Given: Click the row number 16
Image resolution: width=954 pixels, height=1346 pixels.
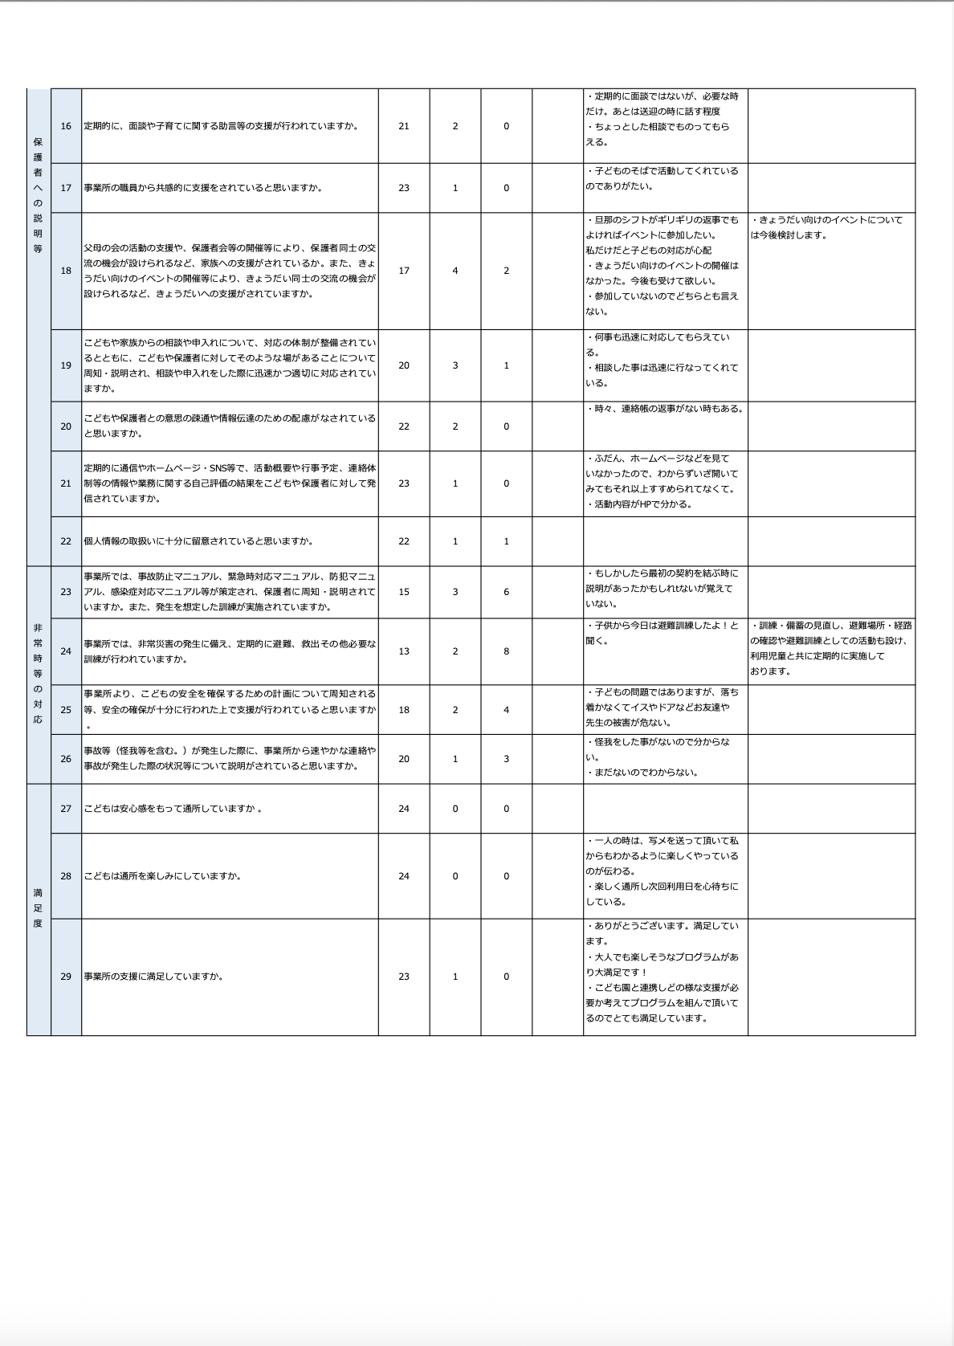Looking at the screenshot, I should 66,126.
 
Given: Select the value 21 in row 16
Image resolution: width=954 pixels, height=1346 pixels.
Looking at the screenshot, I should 404,126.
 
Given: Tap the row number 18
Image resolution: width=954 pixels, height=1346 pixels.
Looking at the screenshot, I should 66,271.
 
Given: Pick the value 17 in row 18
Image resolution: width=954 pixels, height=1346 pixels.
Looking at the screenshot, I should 404,271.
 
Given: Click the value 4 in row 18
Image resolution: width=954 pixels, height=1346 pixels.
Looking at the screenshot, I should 455,271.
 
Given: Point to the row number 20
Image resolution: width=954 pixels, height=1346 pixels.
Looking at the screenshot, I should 66,426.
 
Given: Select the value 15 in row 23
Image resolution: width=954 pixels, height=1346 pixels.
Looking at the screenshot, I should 404,592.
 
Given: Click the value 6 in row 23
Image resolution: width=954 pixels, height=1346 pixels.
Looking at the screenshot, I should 506,592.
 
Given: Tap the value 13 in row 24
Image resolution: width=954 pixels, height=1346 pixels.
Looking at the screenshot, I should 404,651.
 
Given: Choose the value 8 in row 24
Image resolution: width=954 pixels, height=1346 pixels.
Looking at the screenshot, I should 506,651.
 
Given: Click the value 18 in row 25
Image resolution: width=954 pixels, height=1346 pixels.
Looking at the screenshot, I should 404,710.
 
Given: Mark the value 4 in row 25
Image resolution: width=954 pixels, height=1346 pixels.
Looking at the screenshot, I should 506,710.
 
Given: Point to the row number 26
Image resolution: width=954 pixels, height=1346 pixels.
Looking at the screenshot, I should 66,759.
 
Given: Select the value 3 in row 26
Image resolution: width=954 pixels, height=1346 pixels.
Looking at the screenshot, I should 506,759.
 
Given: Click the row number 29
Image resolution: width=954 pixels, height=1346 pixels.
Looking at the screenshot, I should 66,977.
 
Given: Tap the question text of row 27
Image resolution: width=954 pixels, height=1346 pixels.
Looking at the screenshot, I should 173,809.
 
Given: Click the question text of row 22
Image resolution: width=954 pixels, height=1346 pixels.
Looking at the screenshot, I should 198,541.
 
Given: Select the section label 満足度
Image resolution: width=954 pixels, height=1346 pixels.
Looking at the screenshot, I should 39,908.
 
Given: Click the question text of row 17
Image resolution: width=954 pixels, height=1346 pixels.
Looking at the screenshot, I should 203,188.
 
